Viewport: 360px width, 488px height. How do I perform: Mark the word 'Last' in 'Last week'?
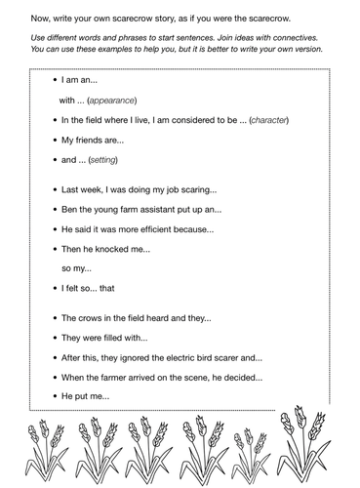(71, 189)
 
